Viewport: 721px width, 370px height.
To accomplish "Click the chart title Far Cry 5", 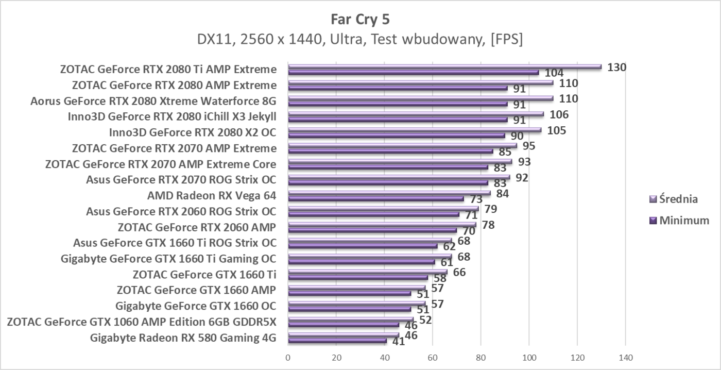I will [360, 20].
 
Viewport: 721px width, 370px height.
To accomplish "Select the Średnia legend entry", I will [679, 199].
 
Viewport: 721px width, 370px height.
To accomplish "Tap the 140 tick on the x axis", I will [625, 357].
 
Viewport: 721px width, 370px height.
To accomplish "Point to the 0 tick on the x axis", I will [288, 357].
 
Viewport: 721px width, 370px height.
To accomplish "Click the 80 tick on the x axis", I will [480, 357].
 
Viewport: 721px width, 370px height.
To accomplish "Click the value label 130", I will [616, 67].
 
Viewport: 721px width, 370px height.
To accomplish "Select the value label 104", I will [554, 73].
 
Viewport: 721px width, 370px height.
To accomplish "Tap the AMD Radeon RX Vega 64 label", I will [212, 196].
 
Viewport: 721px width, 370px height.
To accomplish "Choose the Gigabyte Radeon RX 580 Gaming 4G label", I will [183, 338].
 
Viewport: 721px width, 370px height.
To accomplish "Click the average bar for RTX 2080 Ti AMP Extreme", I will [444, 66].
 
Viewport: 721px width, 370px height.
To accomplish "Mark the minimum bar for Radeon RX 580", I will [337, 341].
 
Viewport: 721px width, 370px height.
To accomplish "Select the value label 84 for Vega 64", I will [503, 193].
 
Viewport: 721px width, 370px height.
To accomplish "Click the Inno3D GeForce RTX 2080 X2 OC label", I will [193, 132].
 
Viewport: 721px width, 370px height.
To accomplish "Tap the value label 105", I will [556, 130].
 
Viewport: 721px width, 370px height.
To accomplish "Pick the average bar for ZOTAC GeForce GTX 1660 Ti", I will [367, 272].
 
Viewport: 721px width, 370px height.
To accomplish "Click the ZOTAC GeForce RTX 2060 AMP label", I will [197, 227].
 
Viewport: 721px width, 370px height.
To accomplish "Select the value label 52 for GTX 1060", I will [425, 320].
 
